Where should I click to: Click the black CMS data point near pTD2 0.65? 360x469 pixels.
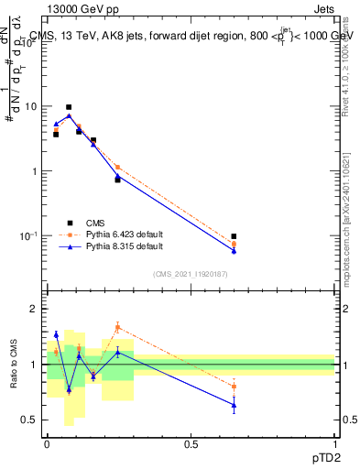(235, 236)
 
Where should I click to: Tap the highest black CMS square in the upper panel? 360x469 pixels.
(69, 107)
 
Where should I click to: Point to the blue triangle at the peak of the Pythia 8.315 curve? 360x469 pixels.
(69, 115)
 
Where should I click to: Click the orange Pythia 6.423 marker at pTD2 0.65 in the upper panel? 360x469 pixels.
(235, 244)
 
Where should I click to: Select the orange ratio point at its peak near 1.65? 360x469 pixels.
(117, 326)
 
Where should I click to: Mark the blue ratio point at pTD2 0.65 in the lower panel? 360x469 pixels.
(235, 405)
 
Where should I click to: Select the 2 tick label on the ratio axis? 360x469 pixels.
(34, 310)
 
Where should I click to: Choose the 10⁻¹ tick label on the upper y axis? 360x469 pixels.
(27, 236)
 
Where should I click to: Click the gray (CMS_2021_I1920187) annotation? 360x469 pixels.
(191, 272)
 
